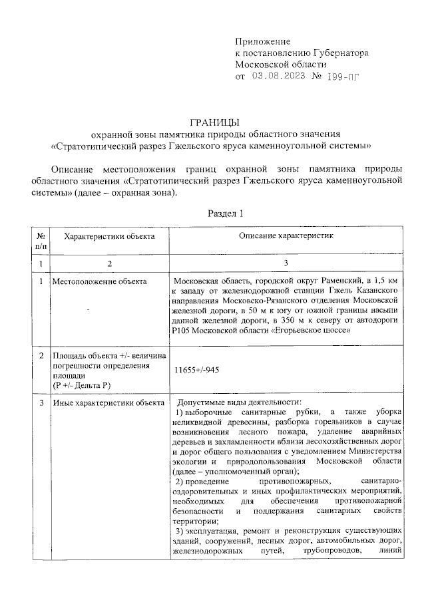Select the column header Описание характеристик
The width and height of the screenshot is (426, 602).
point(286,235)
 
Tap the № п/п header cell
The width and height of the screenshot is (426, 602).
point(41,241)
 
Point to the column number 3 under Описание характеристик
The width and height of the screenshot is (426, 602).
point(286,264)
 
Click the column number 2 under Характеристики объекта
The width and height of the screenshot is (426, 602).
point(108,264)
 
